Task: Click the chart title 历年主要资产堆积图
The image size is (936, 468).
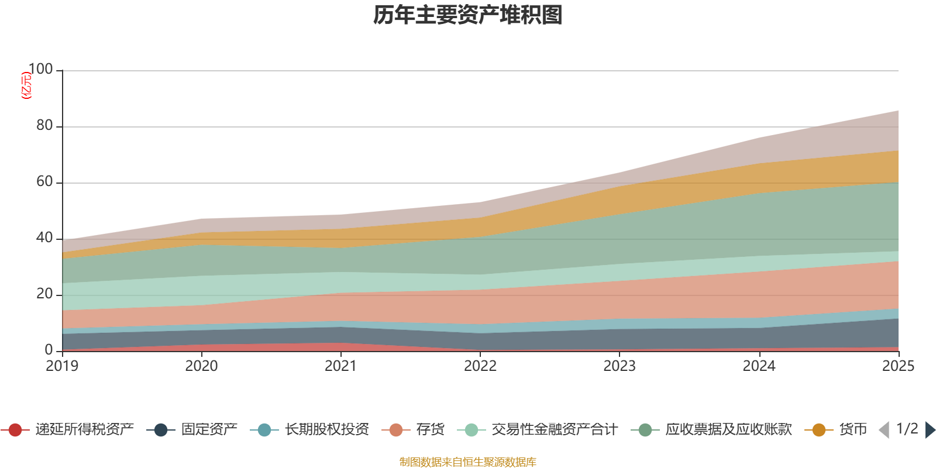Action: click(468, 15)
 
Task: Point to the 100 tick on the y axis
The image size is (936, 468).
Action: click(40, 70)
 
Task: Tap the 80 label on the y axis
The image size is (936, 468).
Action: click(44, 126)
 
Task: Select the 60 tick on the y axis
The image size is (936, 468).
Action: click(44, 182)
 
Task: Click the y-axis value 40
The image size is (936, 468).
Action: click(44, 238)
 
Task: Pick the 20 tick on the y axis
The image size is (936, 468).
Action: click(44, 294)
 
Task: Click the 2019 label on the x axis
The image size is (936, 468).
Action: click(63, 366)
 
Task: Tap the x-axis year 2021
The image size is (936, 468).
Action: click(341, 366)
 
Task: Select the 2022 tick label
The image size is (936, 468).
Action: click(480, 366)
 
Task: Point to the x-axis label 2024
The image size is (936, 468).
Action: click(759, 366)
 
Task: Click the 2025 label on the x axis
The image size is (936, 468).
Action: click(897, 366)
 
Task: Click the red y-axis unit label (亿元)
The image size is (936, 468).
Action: click(26, 85)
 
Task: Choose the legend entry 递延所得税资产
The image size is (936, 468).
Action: click(84, 430)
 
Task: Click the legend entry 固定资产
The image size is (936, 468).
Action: click(209, 430)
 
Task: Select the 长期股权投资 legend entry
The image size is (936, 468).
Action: click(326, 430)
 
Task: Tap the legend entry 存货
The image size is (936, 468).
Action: click(430, 430)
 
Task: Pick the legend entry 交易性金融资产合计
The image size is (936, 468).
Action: click(553, 430)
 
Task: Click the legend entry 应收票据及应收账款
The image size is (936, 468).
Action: click(728, 430)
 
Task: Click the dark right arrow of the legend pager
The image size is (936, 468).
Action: click(930, 430)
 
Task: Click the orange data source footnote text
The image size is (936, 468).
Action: click(468, 462)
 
